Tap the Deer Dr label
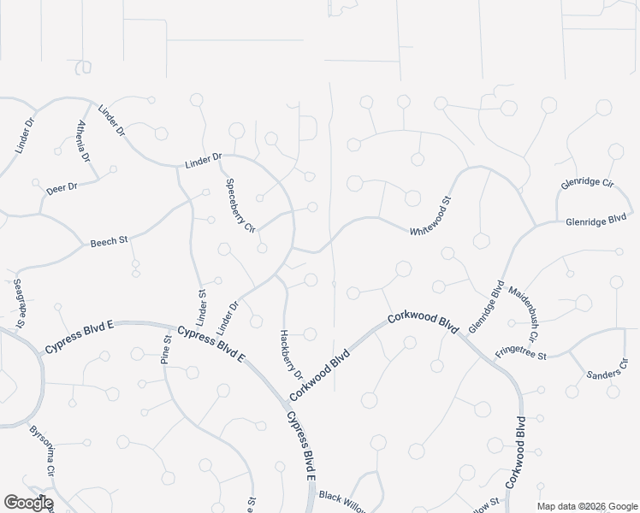tap(62, 187)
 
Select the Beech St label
tap(109, 242)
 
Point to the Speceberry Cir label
tap(240, 205)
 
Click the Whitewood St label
tap(430, 217)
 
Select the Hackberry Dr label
tap(291, 354)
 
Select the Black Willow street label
tap(342, 501)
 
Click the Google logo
tap(27, 503)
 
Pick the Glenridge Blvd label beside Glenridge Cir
tap(596, 221)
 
